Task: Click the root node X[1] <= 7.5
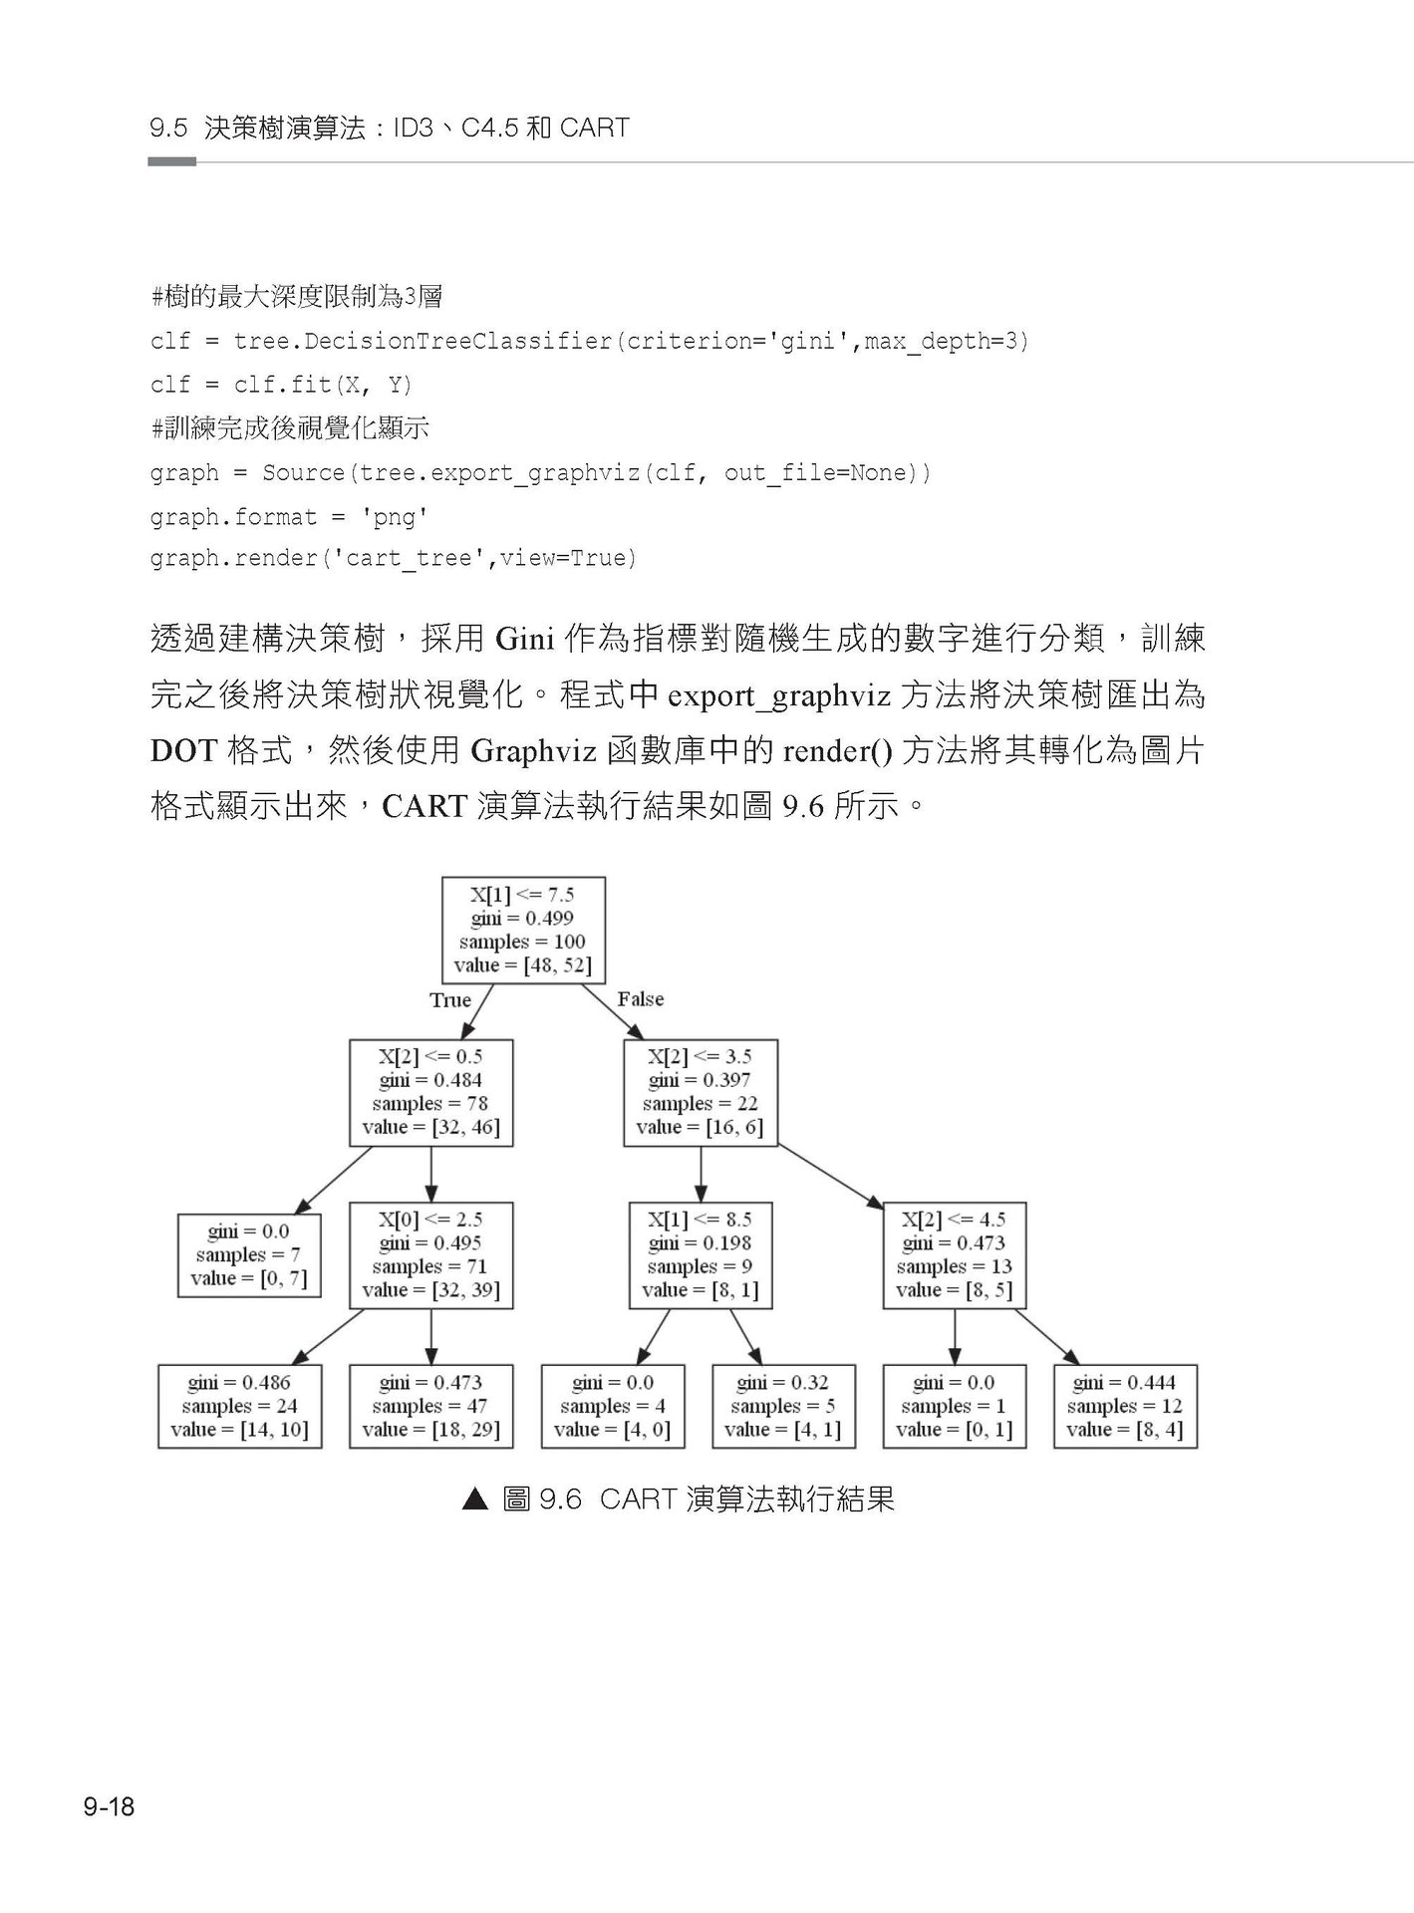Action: point(523,930)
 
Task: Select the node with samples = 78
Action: point(430,1092)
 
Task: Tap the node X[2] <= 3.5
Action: point(700,1092)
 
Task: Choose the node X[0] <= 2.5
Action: point(430,1254)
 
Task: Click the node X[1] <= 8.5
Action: point(700,1254)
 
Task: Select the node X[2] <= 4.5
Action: point(954,1254)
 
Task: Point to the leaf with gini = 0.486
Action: point(239,1406)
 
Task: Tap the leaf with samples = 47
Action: point(430,1406)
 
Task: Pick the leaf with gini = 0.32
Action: point(783,1406)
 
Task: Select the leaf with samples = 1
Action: point(954,1406)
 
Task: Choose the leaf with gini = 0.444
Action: point(1124,1406)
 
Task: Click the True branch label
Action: point(450,1000)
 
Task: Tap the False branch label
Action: point(640,999)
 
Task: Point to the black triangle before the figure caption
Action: point(475,1500)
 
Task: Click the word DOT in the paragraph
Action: point(182,750)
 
